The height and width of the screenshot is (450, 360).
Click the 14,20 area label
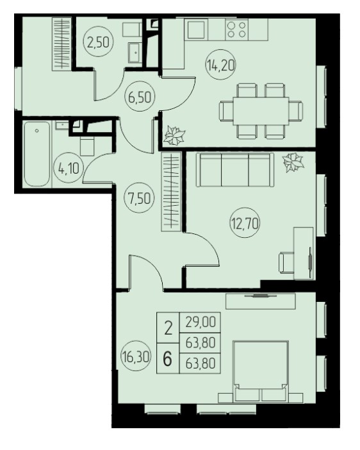(220, 66)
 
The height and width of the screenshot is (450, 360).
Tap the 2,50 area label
(99, 42)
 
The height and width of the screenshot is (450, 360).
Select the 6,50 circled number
(140, 97)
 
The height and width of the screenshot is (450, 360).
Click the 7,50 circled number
(139, 197)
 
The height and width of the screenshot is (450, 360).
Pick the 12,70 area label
(245, 223)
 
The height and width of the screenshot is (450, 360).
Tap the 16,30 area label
(136, 357)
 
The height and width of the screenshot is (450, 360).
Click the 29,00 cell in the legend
(200, 322)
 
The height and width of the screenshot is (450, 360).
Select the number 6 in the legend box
(168, 358)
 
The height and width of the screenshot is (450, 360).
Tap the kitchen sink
(196, 29)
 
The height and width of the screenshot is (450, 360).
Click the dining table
(261, 110)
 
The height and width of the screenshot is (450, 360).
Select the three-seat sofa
(235, 170)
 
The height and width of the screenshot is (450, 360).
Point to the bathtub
(37, 154)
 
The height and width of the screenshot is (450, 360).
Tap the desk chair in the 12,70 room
(287, 263)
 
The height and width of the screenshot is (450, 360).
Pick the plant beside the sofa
(293, 162)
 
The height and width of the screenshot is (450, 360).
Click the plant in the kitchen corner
(174, 135)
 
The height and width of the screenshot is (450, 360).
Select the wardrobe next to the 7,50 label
(171, 192)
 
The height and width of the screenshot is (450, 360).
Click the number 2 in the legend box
(168, 328)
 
